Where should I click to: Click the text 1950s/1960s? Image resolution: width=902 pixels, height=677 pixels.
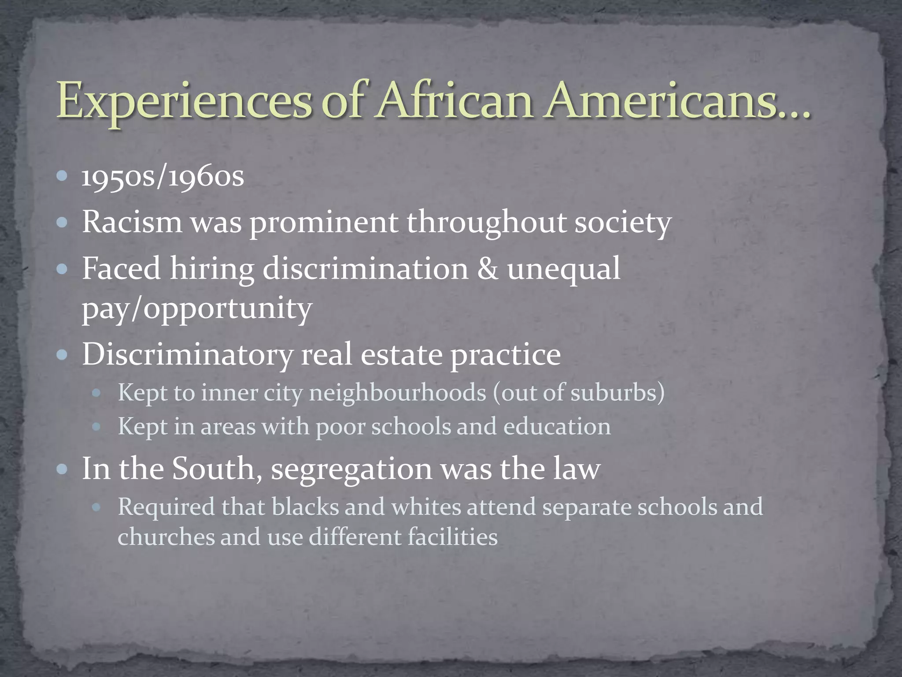pyautogui.click(x=163, y=177)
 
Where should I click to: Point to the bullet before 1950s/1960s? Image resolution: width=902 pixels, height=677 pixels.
pyautogui.click(x=63, y=177)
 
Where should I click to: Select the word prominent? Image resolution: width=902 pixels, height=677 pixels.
pyautogui.click(x=324, y=223)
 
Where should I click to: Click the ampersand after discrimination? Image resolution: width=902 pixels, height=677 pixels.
pyautogui.click(x=488, y=268)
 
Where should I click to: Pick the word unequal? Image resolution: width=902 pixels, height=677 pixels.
pyautogui.click(x=563, y=269)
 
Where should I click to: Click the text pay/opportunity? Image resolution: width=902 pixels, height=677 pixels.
pyautogui.click(x=197, y=309)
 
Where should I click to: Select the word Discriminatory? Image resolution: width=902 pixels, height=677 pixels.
pyautogui.click(x=187, y=355)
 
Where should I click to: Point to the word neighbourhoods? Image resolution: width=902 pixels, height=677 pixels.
pyautogui.click(x=397, y=392)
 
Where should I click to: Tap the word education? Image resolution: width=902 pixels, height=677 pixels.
pyautogui.click(x=557, y=427)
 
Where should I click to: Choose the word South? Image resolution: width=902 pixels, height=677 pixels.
pyautogui.click(x=213, y=469)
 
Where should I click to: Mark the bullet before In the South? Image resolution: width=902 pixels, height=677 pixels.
pyautogui.click(x=63, y=469)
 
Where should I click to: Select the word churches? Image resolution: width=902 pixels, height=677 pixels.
pyautogui.click(x=166, y=537)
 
